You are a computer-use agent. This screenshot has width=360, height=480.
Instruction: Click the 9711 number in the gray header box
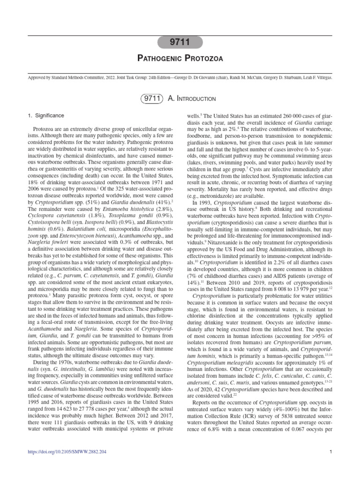click(x=180, y=43)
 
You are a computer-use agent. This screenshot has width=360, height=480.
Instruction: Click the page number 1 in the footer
click(x=331, y=451)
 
